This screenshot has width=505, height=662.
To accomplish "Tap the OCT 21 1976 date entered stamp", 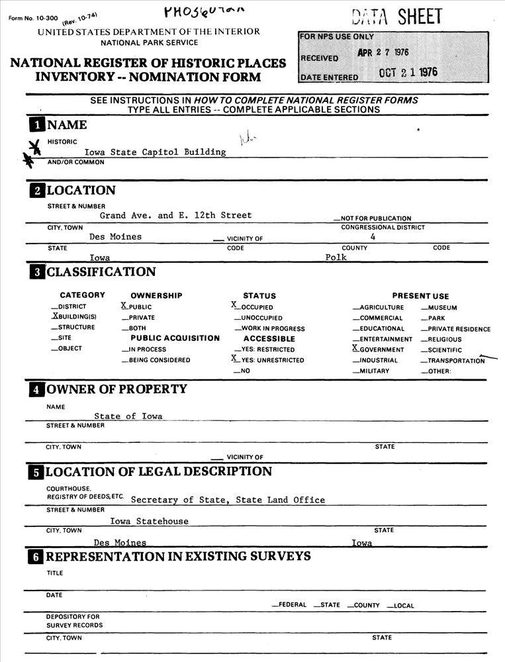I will tap(408, 73).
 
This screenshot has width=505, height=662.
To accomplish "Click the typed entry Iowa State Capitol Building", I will tap(155, 152).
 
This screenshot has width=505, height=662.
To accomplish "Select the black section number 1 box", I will tap(36, 125).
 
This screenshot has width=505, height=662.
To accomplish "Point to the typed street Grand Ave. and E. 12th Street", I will tap(175, 215).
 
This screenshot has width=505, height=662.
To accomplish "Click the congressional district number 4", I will tap(373, 236).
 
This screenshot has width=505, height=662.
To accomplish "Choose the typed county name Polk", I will tap(336, 258).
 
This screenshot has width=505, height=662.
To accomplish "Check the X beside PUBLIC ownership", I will tap(124, 307).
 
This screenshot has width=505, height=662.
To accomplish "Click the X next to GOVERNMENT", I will tap(355, 349).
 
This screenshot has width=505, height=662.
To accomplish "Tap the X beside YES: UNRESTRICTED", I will tap(234, 359).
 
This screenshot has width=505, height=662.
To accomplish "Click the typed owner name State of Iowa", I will tap(128, 416).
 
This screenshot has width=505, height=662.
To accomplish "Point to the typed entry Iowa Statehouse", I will tap(149, 522).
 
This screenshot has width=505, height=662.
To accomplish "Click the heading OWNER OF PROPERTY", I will tap(116, 389).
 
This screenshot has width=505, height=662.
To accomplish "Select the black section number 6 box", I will tap(36, 557).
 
